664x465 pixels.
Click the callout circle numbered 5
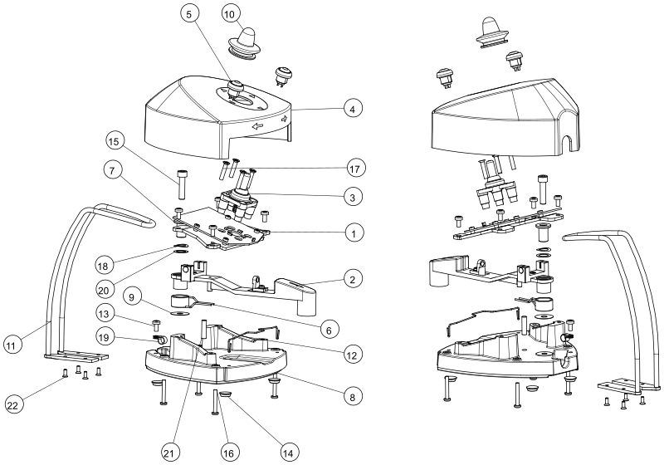click(189, 14)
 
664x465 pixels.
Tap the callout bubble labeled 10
click(229, 14)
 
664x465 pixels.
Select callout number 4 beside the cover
click(353, 109)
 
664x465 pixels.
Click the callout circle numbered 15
click(114, 142)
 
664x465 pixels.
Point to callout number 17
click(355, 168)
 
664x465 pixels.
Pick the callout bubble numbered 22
click(13, 405)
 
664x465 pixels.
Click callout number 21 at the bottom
click(169, 453)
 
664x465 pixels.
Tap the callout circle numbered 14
click(287, 453)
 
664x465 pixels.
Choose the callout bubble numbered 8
click(353, 396)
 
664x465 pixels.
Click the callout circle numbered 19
click(105, 337)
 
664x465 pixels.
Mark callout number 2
click(353, 279)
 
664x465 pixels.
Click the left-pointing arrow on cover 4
click(257, 125)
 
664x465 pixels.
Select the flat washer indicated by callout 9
click(179, 314)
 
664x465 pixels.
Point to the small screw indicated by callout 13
click(155, 325)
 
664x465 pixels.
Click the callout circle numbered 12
click(352, 354)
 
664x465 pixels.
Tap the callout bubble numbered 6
click(329, 329)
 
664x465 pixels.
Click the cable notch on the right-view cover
click(566, 143)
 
